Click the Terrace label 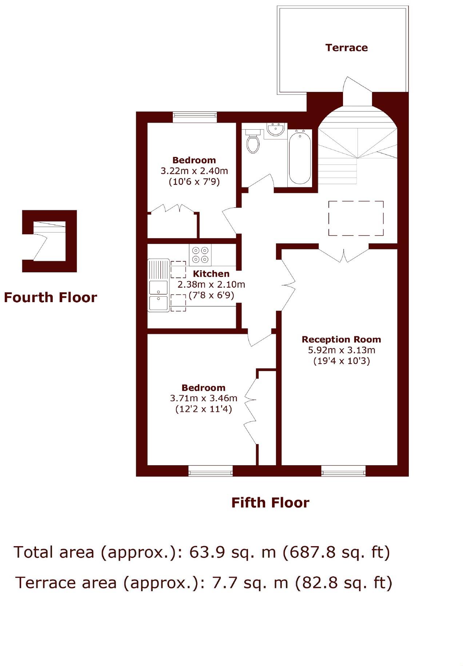(346, 48)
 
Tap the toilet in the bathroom (252, 142)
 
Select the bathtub (300, 158)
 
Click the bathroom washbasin (275, 130)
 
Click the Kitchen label (211, 274)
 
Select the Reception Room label (341, 340)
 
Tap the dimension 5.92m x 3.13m (341, 350)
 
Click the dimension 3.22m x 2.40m (194, 171)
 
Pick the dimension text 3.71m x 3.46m (203, 398)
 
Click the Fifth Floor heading (270, 503)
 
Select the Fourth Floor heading (51, 297)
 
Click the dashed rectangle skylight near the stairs (356, 218)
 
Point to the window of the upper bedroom (195, 117)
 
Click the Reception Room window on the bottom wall (343, 471)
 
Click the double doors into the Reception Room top (344, 255)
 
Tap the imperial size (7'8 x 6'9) (211, 295)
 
